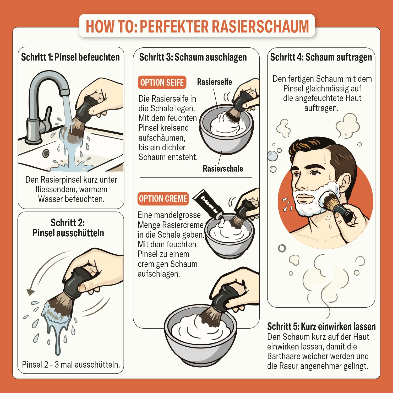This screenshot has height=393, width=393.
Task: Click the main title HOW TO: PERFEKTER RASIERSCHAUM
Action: click(x=197, y=26)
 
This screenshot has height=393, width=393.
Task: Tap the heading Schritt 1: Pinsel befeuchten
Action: click(x=70, y=57)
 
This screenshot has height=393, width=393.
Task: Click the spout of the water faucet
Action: click(x=64, y=91)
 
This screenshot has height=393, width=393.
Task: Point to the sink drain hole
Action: click(x=46, y=153)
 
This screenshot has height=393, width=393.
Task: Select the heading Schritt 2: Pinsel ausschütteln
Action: click(x=68, y=228)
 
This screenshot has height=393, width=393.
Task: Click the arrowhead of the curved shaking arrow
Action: click(x=30, y=292)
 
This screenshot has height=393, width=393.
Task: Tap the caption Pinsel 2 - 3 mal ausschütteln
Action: click(x=71, y=364)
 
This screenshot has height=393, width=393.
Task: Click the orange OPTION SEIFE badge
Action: click(x=162, y=83)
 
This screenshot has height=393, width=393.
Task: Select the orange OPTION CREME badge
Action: click(x=163, y=199)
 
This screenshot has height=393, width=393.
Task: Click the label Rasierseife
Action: click(x=214, y=82)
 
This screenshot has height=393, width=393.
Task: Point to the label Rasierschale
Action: click(x=223, y=168)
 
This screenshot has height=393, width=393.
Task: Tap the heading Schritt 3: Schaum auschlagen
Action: click(x=193, y=57)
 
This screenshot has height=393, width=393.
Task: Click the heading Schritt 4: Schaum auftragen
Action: click(x=321, y=57)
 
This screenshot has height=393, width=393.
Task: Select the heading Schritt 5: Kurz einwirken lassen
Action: click(x=321, y=326)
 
